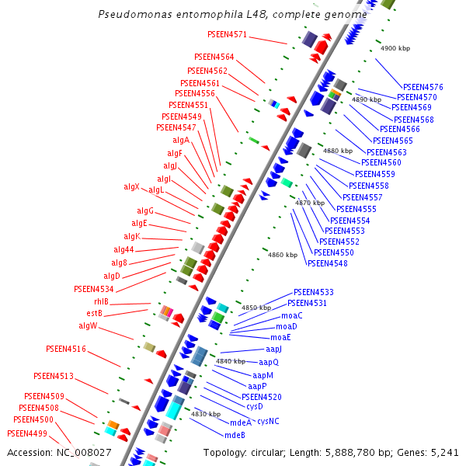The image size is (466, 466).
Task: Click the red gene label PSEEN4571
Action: click(227, 34)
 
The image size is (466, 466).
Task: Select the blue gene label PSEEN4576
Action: click(423, 86)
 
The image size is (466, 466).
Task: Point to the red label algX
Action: click(131, 186)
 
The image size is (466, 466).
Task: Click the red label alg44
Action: click(123, 249)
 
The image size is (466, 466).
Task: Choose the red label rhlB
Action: click(102, 301)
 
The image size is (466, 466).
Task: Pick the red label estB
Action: click(94, 313)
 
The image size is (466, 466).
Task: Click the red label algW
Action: click(88, 325)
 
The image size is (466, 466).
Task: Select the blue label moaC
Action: click(292, 315)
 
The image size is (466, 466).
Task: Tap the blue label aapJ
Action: click(273, 349)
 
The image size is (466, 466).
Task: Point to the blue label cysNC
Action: click(268, 420)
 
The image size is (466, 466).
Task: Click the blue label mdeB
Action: click(235, 435)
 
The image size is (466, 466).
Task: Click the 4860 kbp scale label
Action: click(282, 255)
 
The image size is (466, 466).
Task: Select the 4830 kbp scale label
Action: click(205, 414)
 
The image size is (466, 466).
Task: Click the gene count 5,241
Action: click(443, 452)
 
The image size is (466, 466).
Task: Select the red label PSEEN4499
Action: click(27, 433)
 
